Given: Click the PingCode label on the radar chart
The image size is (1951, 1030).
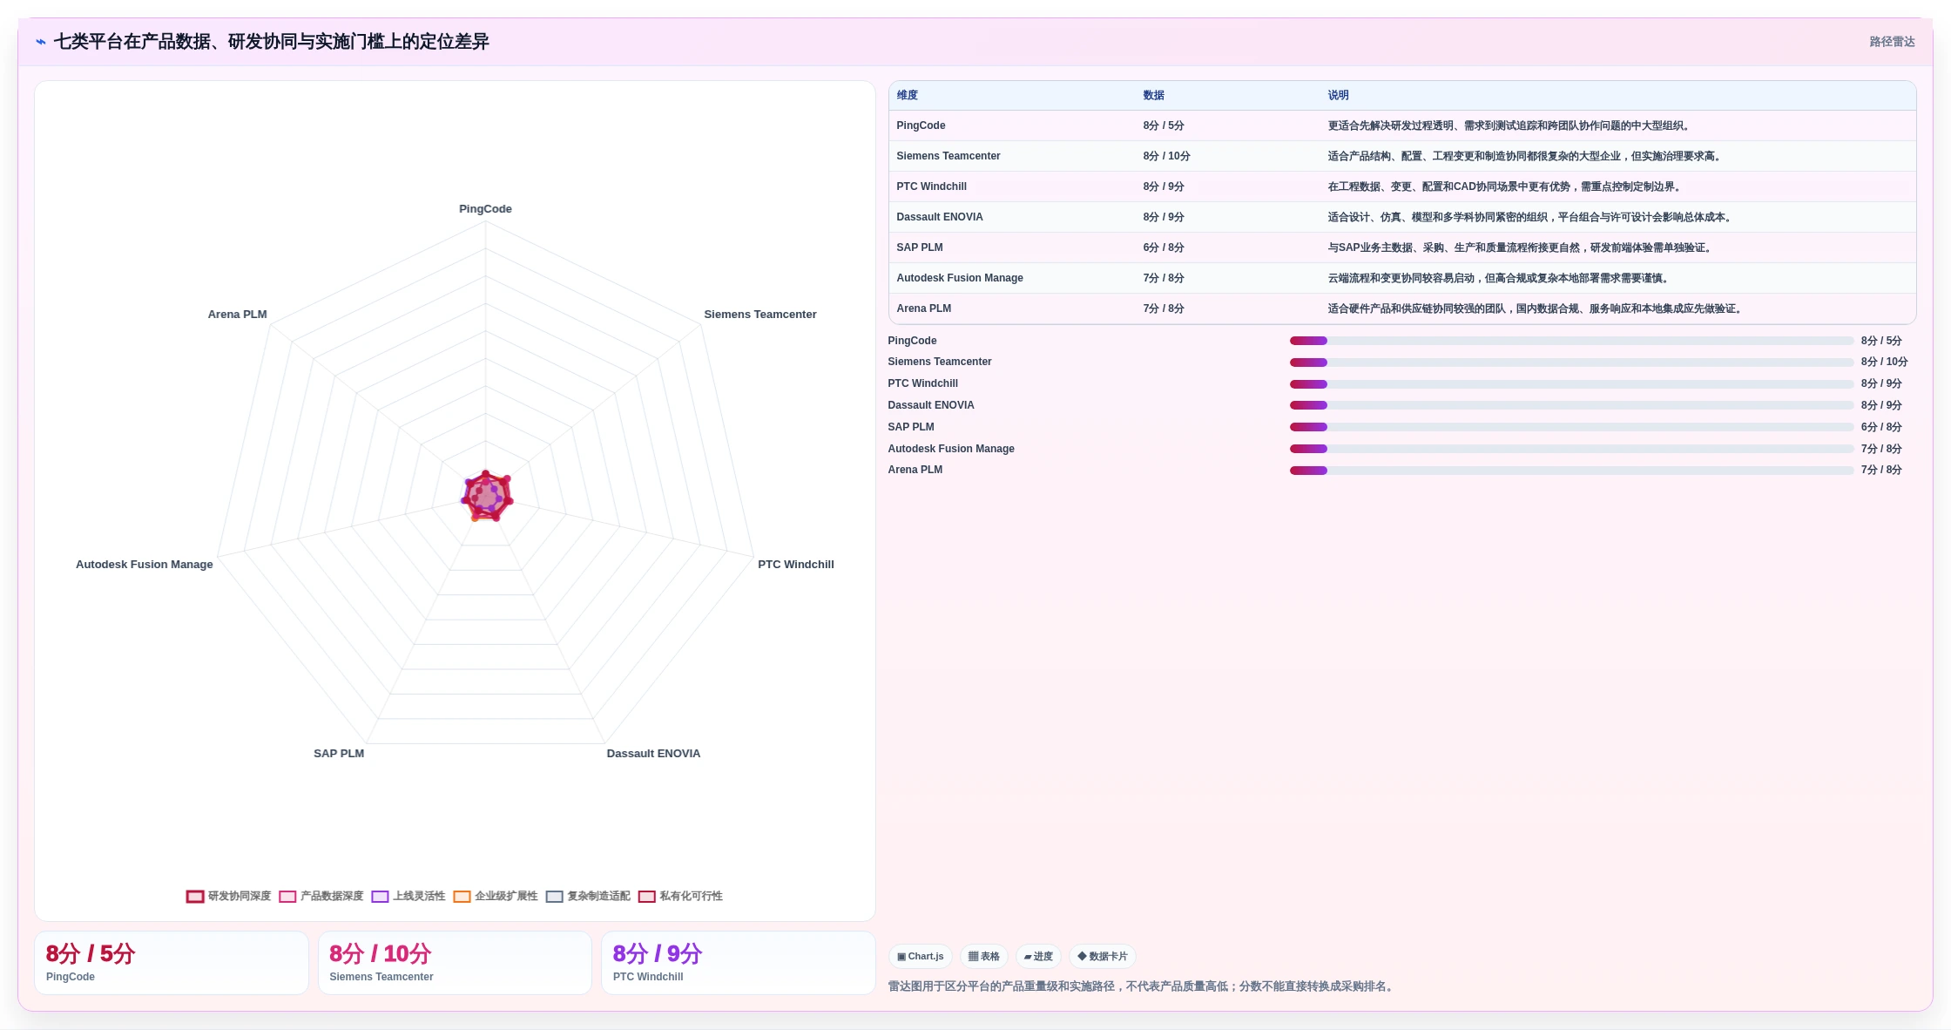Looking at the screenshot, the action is pyautogui.click(x=485, y=209).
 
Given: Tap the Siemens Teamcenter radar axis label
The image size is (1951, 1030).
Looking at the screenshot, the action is pyautogui.click(x=760, y=315).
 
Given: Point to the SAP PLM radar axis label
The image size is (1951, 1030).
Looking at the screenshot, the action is pyautogui.click(x=339, y=754).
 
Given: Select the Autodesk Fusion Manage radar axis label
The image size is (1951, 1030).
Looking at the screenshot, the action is pyautogui.click(x=145, y=565).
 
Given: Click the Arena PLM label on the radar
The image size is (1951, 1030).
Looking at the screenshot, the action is pyautogui.click(x=237, y=315).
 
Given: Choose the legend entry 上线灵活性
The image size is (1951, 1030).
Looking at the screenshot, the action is pyautogui.click(x=408, y=896).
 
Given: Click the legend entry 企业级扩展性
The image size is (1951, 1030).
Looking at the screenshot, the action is pyautogui.click(x=496, y=896).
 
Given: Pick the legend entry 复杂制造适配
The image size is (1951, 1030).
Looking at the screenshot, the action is pyautogui.click(x=588, y=896).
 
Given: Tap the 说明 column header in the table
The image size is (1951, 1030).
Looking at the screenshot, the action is pyautogui.click(x=1338, y=96).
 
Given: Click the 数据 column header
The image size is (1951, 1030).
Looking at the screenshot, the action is pyautogui.click(x=1153, y=96).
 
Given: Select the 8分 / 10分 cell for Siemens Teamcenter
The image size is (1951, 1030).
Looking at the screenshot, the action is pyautogui.click(x=1166, y=156).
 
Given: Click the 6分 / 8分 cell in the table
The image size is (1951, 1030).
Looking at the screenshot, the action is pyautogui.click(x=1163, y=247).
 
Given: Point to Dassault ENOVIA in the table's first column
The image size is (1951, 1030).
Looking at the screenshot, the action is pyautogui.click(x=939, y=217).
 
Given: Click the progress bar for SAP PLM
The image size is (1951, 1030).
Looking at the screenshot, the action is pyautogui.click(x=1571, y=427).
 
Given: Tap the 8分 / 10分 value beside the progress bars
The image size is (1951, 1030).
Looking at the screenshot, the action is pyautogui.click(x=1884, y=362).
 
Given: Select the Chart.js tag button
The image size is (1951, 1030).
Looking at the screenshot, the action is pyautogui.click(x=921, y=956).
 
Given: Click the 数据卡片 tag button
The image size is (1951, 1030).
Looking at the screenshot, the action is pyautogui.click(x=1102, y=956).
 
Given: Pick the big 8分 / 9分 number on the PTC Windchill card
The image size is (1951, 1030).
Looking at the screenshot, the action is pyautogui.click(x=657, y=953).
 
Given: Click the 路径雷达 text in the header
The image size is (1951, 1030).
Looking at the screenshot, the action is pyautogui.click(x=1892, y=42).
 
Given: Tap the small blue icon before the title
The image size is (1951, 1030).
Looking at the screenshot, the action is pyautogui.click(x=41, y=42).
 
